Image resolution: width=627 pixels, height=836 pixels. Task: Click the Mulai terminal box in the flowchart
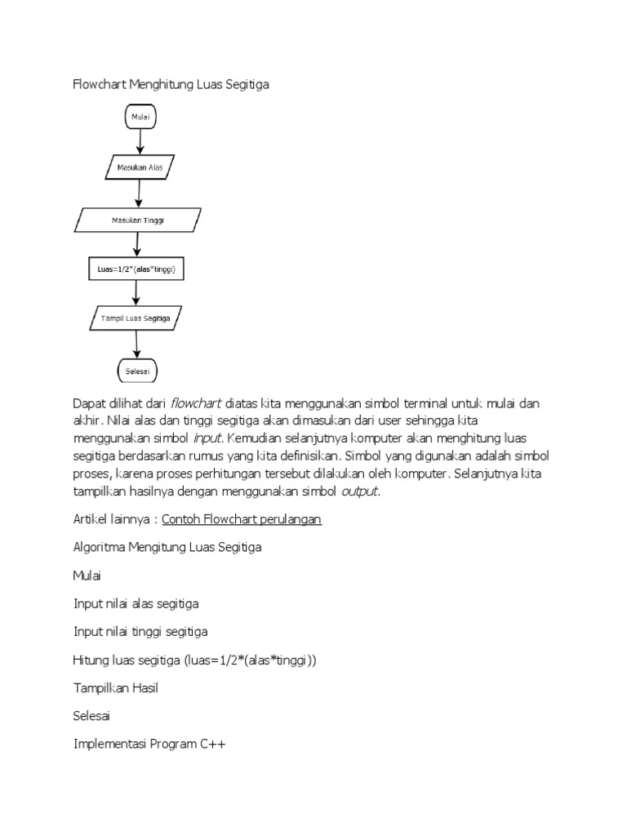pos(140,118)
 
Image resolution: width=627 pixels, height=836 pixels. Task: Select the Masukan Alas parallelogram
pos(140,168)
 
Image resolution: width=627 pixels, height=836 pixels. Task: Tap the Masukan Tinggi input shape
pos(138,220)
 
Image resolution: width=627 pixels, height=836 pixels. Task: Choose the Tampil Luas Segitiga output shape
pos(136,318)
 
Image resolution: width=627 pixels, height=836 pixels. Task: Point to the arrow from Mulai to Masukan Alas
pos(140,142)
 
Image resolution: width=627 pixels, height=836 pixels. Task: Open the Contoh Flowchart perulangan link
pos(242,520)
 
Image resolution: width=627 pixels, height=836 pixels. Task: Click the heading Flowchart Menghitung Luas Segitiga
pos(171,84)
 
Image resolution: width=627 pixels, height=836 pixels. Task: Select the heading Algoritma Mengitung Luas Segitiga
pos(167,548)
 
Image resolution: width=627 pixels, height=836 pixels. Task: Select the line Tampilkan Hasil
pos(115,688)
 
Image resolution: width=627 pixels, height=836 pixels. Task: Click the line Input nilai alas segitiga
pos(136,604)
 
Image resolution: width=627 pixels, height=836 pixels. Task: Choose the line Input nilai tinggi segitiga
pos(140,632)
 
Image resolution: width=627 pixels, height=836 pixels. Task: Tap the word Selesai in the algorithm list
pos(91,716)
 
